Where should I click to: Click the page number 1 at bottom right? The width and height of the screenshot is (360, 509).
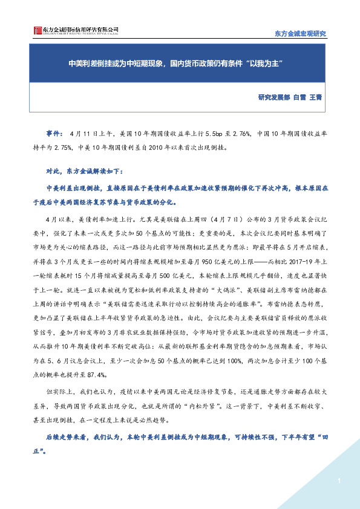pos(340,481)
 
